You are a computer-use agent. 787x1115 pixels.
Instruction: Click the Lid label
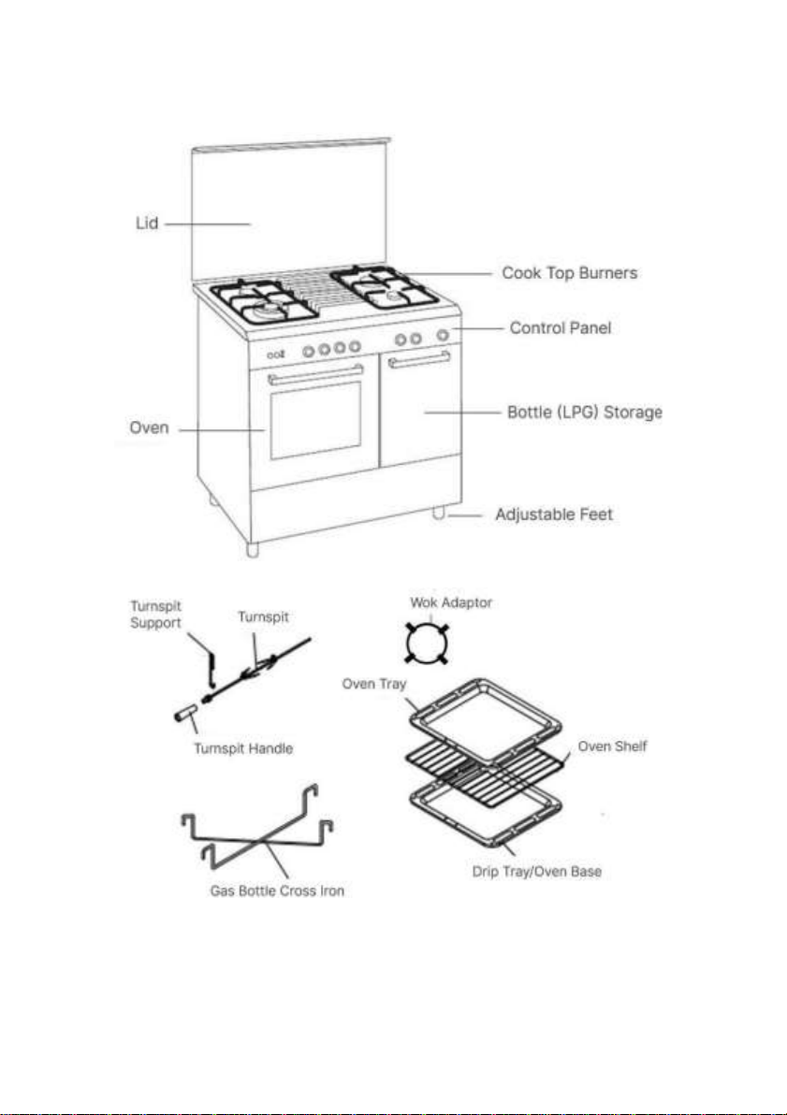point(147,224)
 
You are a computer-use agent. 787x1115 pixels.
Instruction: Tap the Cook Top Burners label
point(569,273)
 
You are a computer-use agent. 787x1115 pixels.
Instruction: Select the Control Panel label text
point(560,327)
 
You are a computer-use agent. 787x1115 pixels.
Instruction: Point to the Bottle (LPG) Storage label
point(584,413)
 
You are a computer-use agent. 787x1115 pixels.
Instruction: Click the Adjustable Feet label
point(554,514)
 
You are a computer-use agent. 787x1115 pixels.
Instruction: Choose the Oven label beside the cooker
point(149,428)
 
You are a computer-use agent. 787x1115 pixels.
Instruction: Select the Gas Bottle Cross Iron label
point(277,891)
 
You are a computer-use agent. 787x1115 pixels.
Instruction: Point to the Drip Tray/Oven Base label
point(536,872)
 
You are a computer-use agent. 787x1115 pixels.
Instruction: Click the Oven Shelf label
point(612,746)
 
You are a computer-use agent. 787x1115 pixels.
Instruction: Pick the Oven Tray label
point(373,684)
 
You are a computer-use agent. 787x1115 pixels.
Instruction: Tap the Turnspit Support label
point(156,615)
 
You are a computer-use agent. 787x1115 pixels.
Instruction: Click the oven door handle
point(315,375)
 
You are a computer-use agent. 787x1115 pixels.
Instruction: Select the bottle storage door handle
point(419,360)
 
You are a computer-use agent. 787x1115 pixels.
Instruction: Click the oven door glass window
point(316,420)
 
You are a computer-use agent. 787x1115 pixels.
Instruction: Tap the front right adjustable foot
point(438,513)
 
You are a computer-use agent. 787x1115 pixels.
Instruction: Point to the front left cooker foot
point(253,549)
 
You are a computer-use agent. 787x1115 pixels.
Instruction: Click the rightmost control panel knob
point(443,335)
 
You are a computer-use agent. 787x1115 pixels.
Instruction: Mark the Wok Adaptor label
point(451,603)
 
